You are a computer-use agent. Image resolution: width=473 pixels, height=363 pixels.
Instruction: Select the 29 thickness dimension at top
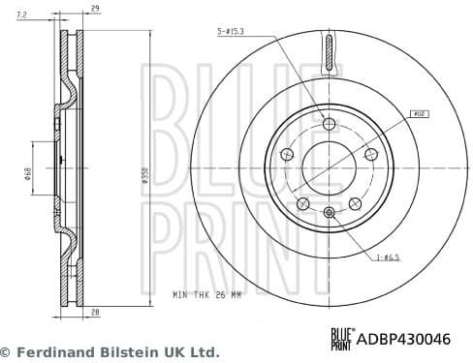(94, 9)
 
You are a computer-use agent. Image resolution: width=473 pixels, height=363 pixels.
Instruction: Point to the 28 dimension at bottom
(94, 312)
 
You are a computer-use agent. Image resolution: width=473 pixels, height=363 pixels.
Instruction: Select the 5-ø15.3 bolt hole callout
(232, 32)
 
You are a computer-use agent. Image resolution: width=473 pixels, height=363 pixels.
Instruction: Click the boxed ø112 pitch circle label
(420, 113)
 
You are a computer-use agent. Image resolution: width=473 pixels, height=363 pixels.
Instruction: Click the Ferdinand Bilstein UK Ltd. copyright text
(110, 352)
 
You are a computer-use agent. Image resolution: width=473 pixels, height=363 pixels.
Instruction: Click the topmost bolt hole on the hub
(329, 123)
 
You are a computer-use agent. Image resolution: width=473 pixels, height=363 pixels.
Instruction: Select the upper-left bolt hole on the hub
(287, 154)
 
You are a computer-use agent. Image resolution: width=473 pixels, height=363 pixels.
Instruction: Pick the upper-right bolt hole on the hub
(369, 154)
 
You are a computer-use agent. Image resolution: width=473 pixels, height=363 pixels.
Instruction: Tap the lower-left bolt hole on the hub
(302, 202)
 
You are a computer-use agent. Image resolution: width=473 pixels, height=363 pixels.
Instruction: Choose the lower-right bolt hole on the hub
(354, 202)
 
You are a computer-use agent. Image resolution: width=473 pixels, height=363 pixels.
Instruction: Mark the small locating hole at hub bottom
(329, 213)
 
